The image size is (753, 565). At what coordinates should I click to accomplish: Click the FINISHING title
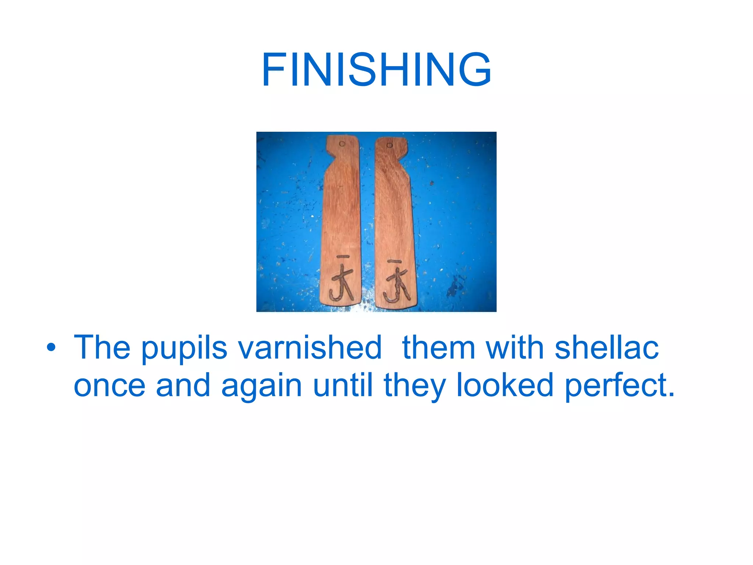click(x=376, y=70)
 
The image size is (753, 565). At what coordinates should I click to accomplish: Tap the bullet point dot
click(x=51, y=347)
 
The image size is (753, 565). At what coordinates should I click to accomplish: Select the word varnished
click(x=310, y=347)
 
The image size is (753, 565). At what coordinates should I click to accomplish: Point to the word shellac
click(x=606, y=347)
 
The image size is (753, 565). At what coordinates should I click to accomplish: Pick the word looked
click(x=505, y=385)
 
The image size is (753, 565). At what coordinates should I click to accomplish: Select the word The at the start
click(x=102, y=347)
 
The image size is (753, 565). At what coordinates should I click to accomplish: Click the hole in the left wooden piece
click(x=342, y=143)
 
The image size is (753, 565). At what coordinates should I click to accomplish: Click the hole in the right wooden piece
click(x=390, y=145)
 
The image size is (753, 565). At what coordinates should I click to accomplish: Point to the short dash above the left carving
click(x=343, y=257)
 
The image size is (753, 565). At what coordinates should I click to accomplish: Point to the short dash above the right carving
click(x=394, y=262)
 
